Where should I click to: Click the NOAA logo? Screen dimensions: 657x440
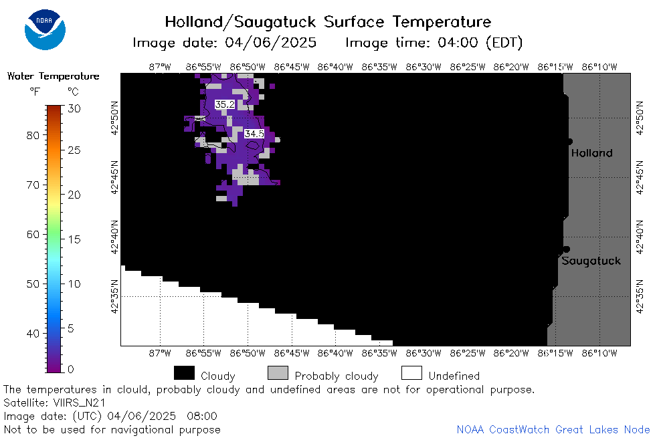45,29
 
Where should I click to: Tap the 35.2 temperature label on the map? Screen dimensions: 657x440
225,104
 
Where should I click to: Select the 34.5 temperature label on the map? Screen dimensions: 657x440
254,134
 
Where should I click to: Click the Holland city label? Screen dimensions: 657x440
591,153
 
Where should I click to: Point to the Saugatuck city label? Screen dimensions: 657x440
591,261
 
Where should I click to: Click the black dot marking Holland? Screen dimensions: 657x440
570,142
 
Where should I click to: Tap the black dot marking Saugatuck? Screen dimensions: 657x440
567,249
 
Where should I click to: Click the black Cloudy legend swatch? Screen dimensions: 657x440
184,373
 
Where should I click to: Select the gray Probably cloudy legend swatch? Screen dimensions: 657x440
278,373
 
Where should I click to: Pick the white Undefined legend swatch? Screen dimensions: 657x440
411,373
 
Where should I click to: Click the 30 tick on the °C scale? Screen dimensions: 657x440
74,109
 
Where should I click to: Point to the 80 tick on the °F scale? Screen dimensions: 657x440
33,135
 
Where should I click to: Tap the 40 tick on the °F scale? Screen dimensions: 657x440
33,334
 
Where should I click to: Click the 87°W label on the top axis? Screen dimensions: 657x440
160,67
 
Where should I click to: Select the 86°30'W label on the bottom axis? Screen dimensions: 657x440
424,353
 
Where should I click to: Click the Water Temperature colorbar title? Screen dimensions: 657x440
54,76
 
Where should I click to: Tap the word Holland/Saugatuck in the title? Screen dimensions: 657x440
240,22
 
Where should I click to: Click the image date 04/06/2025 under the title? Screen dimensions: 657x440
271,43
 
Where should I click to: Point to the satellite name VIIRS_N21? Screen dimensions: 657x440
79,403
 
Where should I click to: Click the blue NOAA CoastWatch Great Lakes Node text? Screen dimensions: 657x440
553,429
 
